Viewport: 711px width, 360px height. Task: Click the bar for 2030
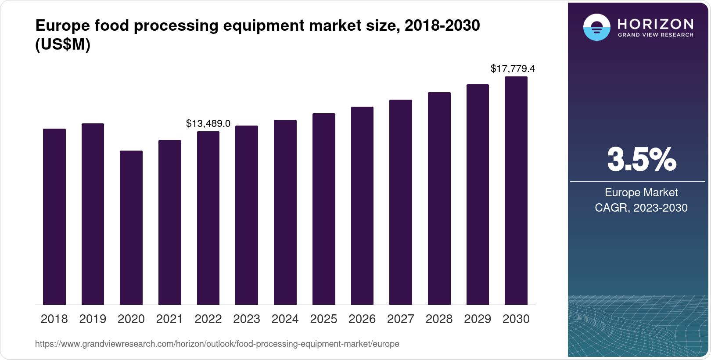516,191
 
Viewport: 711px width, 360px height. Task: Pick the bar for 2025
324,209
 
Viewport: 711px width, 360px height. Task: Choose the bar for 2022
208,218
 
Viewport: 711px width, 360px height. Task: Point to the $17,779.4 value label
513,69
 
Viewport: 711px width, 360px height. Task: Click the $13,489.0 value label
208,124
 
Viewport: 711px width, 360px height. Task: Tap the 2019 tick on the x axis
93,319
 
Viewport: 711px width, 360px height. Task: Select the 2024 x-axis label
285,319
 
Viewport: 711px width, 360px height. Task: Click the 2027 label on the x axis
401,319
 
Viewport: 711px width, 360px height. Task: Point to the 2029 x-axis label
478,319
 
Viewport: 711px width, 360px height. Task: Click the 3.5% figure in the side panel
641,160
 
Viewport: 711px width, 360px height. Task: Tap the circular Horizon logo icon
596,27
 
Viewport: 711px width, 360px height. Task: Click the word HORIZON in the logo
655,24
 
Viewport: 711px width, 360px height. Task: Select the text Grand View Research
655,35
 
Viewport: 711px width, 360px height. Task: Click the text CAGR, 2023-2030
641,208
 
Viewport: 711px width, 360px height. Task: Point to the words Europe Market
641,192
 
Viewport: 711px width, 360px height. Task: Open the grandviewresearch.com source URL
217,344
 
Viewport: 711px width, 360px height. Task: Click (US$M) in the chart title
63,45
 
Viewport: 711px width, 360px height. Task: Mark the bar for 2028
439,198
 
